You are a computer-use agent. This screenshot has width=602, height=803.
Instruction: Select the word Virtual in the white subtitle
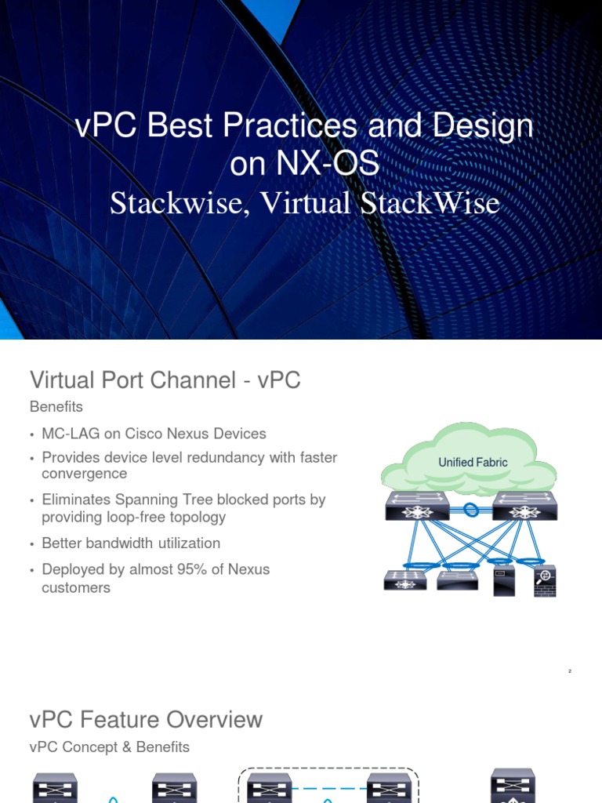(305, 203)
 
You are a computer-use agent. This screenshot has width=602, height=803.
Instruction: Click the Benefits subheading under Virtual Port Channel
(56, 407)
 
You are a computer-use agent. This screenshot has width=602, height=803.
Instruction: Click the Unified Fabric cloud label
(473, 463)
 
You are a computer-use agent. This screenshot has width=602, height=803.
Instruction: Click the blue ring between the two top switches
(470, 510)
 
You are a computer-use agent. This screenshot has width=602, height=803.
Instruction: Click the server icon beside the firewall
(504, 581)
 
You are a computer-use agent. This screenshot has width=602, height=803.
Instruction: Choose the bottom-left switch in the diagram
(406, 581)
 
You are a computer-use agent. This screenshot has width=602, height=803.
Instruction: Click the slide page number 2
(570, 672)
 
